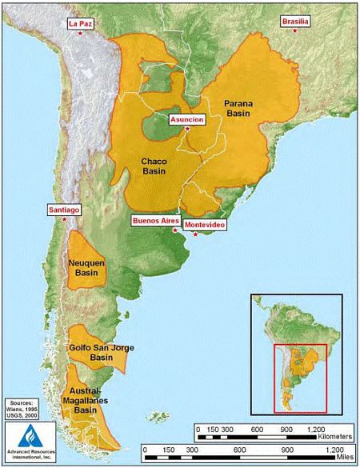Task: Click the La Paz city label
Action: point(81,24)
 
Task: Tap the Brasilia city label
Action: point(295,21)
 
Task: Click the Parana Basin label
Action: point(239,109)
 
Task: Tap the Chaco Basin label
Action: point(154,165)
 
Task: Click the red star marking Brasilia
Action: point(295,30)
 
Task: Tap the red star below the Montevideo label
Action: point(195,234)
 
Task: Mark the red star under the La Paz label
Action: point(82,34)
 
